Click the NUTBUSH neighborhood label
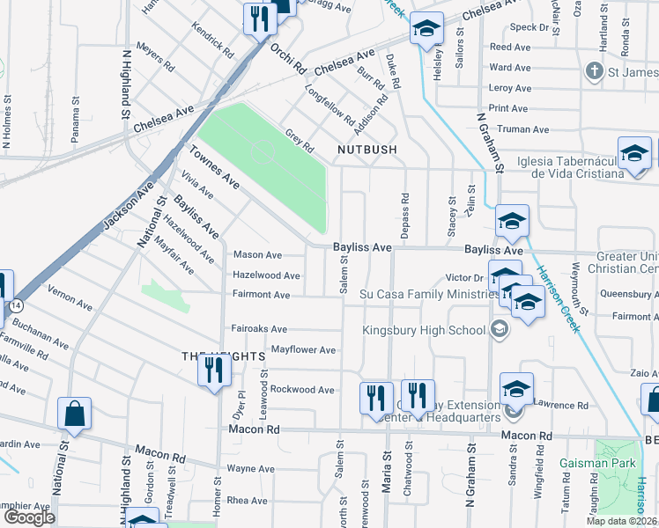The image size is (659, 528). pyautogui.click(x=367, y=150)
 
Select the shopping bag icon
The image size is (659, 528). pyautogui.click(x=75, y=414)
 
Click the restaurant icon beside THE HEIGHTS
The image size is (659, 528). pyautogui.click(x=212, y=370)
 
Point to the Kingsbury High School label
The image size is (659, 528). pyautogui.click(x=425, y=330)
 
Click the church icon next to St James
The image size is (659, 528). pyautogui.click(x=596, y=71)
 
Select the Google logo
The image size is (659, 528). pyautogui.click(x=29, y=517)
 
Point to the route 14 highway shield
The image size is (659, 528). pyautogui.click(x=17, y=304)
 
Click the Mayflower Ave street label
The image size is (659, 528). pyautogui.click(x=303, y=350)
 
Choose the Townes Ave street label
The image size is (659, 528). pyautogui.click(x=214, y=166)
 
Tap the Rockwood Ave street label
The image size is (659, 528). pyautogui.click(x=302, y=389)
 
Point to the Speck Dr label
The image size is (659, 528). pyautogui.click(x=529, y=27)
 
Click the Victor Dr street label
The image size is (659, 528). pyautogui.click(x=464, y=278)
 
